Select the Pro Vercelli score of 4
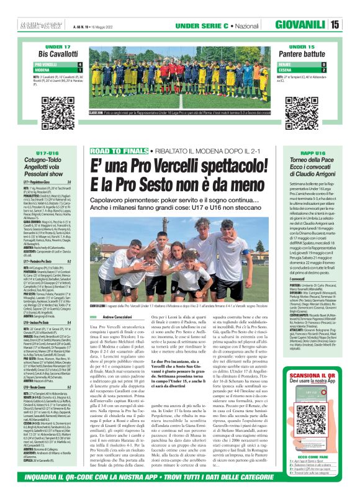click(x=79, y=64)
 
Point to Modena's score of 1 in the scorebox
click(x=79, y=70)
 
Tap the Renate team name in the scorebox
click(x=286, y=64)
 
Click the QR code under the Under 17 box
click(x=53, y=103)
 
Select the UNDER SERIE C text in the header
click(x=198, y=25)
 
